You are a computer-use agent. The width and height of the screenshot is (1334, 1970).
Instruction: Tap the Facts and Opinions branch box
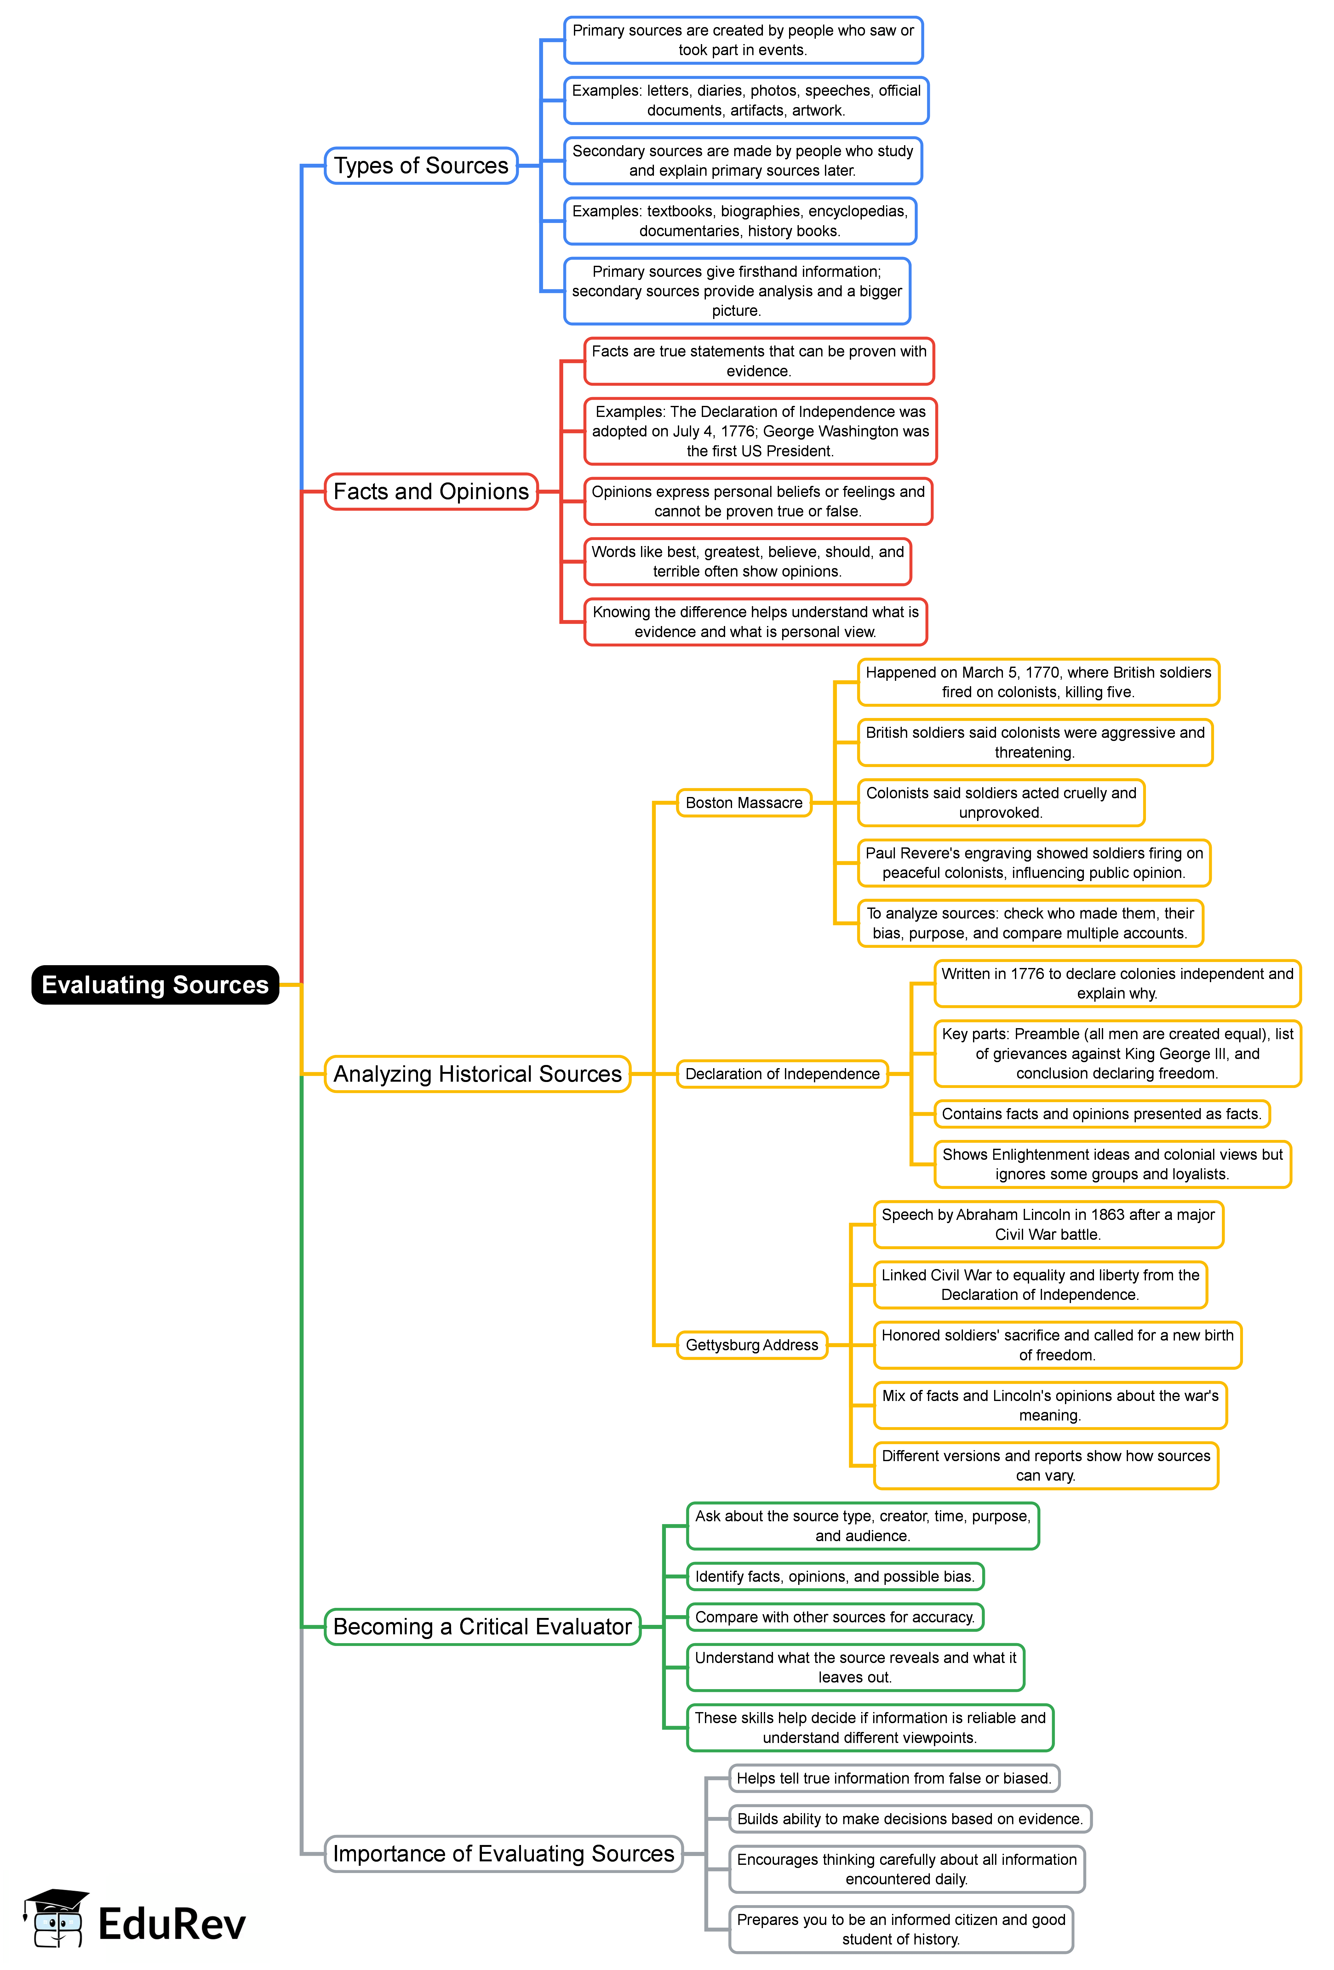[x=431, y=492]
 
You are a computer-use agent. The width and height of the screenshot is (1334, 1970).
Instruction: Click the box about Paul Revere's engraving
[x=1034, y=863]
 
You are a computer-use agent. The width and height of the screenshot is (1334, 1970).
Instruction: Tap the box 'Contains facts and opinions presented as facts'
[x=1101, y=1114]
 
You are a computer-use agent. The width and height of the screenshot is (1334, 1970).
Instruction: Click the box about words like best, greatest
[x=747, y=561]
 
